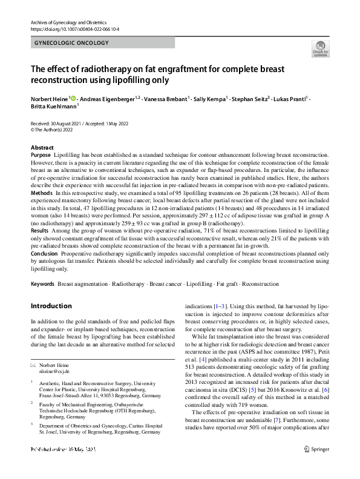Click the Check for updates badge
pos(320,48)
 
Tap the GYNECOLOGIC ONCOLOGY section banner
pos(73,43)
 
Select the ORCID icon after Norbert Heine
pos(74,97)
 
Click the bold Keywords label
pos(44,283)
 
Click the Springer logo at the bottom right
pos(316,466)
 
